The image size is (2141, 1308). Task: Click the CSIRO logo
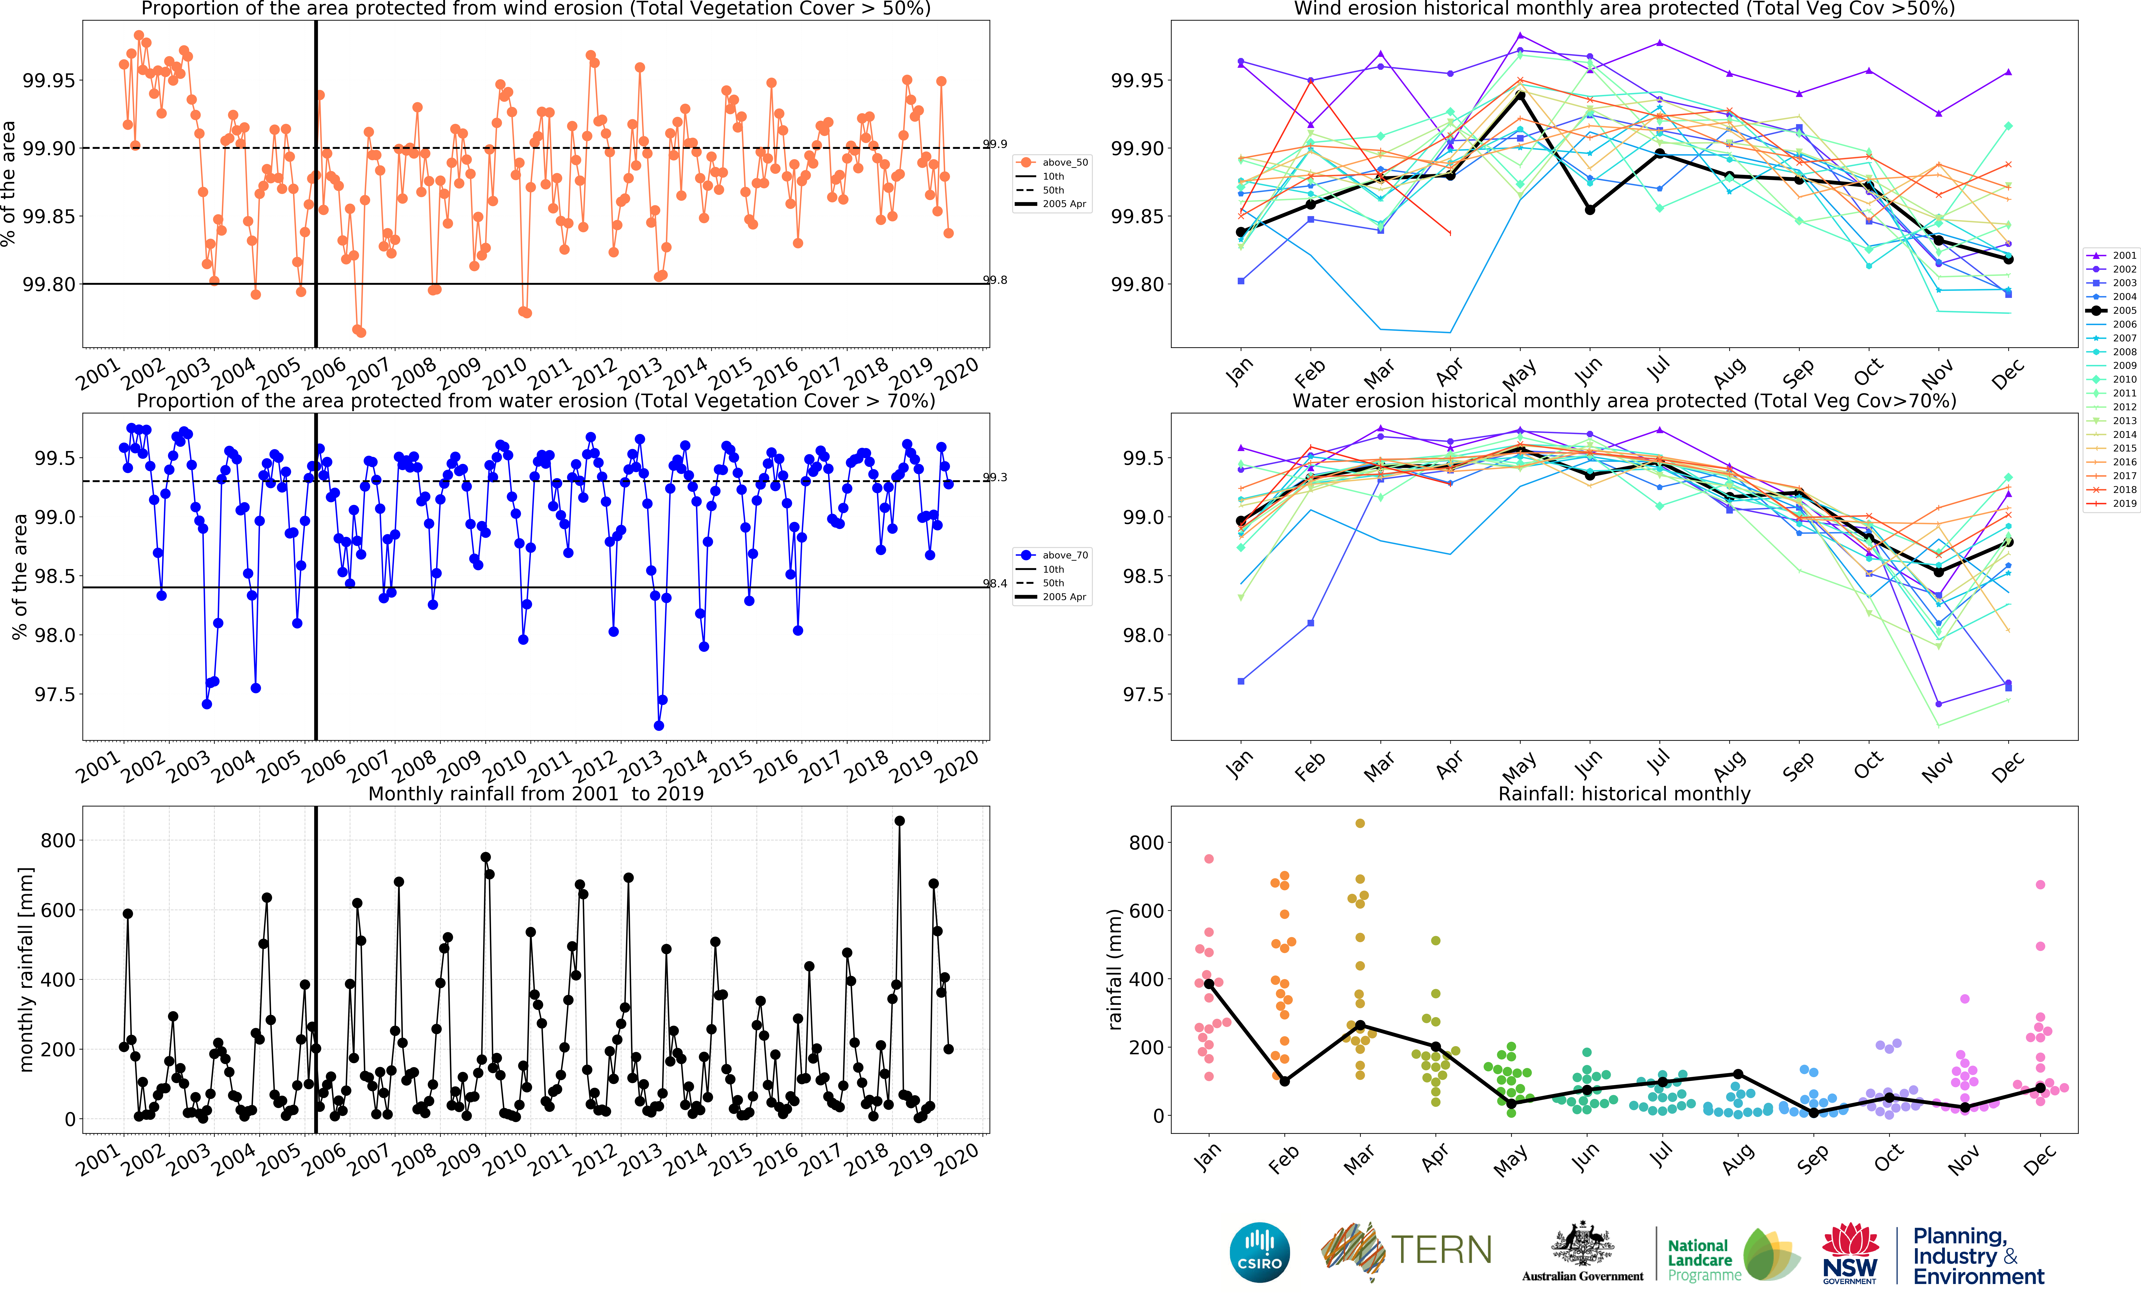click(1259, 1252)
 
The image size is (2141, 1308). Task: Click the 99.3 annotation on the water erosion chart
click(995, 477)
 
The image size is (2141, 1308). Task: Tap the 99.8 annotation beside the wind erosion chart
click(995, 280)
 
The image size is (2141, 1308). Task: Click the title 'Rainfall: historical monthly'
click(1624, 794)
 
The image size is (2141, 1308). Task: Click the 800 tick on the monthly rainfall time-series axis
click(58, 840)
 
